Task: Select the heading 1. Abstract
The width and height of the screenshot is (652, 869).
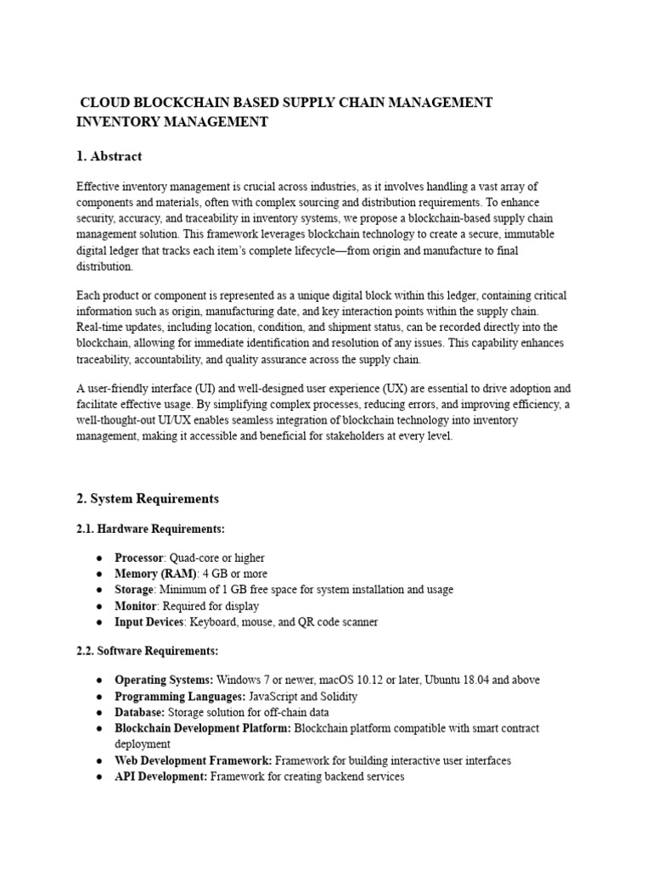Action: point(110,156)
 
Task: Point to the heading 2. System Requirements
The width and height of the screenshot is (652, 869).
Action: point(148,498)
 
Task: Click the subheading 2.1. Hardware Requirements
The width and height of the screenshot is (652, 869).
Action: point(151,529)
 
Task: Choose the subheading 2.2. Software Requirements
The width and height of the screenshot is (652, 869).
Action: point(148,651)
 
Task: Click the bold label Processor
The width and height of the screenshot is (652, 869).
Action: point(138,558)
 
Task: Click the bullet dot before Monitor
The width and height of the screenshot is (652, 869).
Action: point(99,606)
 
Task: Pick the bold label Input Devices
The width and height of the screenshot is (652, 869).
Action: point(149,622)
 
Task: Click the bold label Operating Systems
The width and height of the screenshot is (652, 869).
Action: point(164,680)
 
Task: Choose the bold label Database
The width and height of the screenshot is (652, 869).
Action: point(139,712)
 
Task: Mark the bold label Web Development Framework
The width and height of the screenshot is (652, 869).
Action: point(194,760)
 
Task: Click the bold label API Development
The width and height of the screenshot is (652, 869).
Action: point(160,776)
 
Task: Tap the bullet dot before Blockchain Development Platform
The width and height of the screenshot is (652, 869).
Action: point(99,728)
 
